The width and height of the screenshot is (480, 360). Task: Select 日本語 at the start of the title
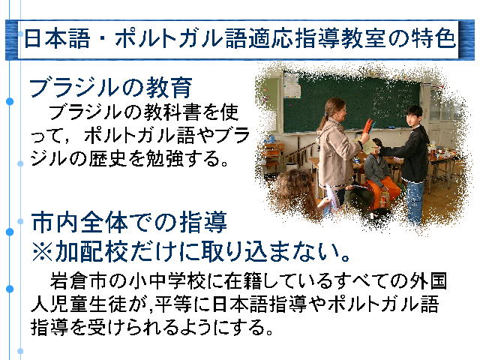click(57, 39)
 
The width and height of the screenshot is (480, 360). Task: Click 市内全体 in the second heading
click(79, 223)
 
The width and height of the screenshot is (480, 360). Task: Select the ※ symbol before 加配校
click(42, 252)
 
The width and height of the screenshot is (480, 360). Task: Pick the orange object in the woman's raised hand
click(368, 127)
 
